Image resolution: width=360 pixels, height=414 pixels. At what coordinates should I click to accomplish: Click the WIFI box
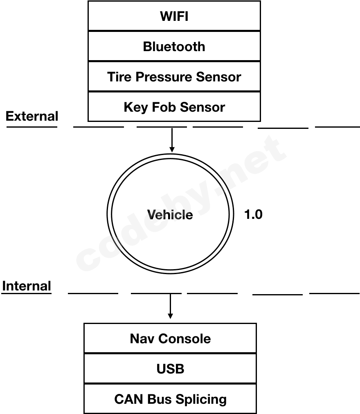tap(174, 16)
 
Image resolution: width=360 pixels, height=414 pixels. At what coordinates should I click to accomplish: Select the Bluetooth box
tap(174, 46)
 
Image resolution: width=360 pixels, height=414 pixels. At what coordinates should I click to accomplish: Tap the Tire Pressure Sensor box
tap(174, 76)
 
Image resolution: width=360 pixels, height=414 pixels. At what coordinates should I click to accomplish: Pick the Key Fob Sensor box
tap(174, 107)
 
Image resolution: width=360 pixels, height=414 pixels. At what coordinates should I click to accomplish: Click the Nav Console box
tap(170, 338)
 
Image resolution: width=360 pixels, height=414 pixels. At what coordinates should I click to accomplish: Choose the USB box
tap(170, 369)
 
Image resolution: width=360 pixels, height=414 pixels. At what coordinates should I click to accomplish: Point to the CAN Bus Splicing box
tap(170, 399)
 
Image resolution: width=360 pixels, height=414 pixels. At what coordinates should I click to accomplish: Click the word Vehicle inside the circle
tap(170, 214)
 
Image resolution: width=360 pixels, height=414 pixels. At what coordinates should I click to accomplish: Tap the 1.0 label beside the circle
tap(253, 214)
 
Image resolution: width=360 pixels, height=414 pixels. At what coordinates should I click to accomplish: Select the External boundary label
tap(32, 116)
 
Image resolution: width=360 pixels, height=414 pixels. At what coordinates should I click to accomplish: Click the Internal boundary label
tap(27, 286)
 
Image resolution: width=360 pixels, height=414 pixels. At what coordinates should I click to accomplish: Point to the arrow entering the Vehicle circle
tap(172, 140)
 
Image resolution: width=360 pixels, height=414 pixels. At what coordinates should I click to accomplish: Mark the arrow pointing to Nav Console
tap(170, 306)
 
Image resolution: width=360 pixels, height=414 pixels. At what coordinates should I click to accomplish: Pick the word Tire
tap(119, 76)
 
